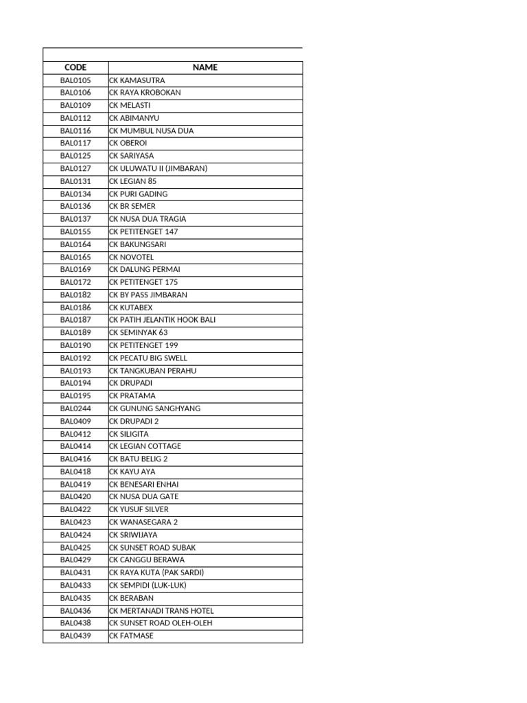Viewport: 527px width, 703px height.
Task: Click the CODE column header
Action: click(x=75, y=67)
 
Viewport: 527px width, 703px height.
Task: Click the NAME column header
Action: click(x=205, y=67)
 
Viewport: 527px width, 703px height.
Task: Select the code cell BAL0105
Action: click(x=75, y=80)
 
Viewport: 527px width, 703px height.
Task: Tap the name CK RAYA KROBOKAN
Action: click(x=145, y=93)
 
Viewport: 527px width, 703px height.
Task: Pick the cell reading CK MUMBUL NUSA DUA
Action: click(x=152, y=130)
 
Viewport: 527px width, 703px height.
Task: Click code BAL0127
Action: click(x=75, y=168)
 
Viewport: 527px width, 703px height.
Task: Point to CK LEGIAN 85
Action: click(x=133, y=181)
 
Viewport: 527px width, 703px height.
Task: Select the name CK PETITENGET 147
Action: click(x=143, y=231)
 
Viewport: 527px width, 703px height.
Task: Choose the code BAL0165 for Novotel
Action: click(x=75, y=257)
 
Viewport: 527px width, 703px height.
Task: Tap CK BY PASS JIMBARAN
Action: click(x=148, y=295)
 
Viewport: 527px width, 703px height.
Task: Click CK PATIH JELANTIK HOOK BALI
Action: click(x=163, y=320)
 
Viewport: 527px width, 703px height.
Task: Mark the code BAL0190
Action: click(x=75, y=345)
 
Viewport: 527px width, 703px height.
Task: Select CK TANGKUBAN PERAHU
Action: click(x=153, y=371)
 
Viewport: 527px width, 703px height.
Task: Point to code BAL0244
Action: click(x=75, y=408)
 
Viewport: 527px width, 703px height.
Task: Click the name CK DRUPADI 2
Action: click(x=134, y=421)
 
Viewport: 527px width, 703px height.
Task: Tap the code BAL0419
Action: click(x=75, y=484)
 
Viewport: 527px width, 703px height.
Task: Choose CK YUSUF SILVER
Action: click(x=139, y=509)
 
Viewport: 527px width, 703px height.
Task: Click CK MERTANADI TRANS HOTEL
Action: click(x=162, y=610)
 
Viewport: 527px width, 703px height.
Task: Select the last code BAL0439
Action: click(x=75, y=636)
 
